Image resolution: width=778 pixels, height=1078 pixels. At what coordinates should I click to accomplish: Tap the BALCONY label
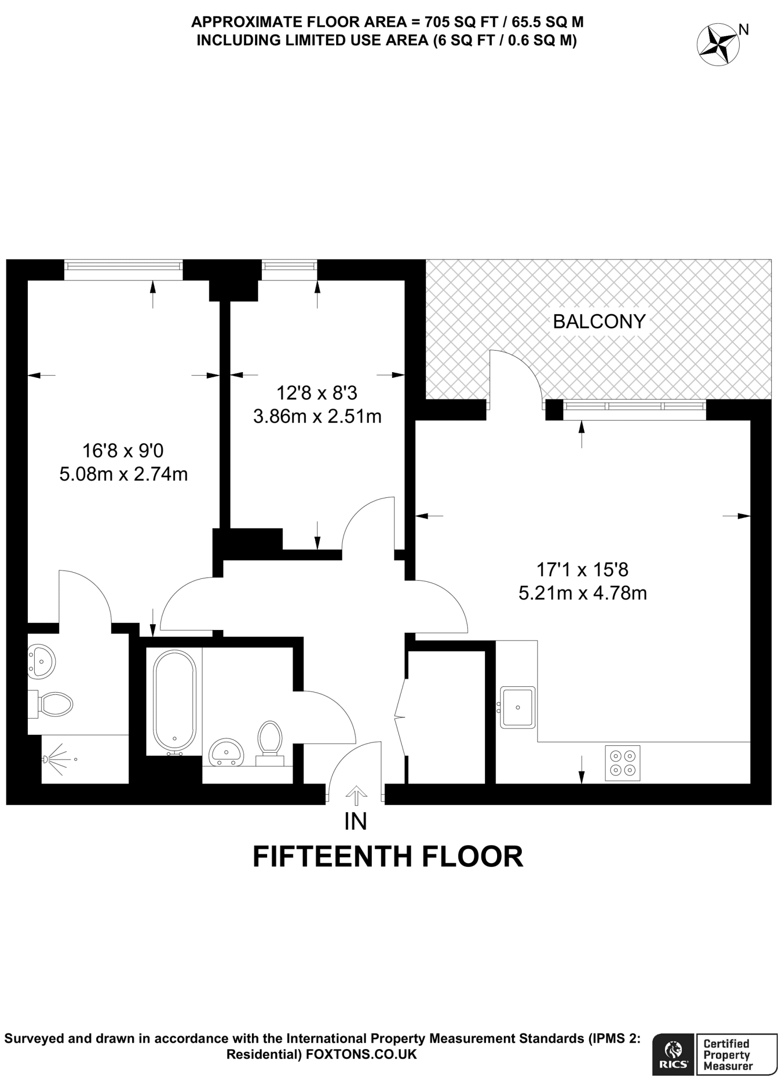click(x=599, y=322)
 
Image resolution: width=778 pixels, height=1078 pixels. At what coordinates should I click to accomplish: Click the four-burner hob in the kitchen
click(x=622, y=763)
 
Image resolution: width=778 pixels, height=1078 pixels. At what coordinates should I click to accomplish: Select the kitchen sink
click(x=518, y=707)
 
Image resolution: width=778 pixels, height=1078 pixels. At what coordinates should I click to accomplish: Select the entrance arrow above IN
click(x=356, y=795)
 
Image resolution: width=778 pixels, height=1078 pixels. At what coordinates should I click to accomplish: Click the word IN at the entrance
click(x=355, y=822)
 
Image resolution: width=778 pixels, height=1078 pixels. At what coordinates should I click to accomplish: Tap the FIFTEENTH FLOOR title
click(x=388, y=857)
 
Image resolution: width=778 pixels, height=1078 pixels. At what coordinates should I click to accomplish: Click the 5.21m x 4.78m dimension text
click(x=582, y=593)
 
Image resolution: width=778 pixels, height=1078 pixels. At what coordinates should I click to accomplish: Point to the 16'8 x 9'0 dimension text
click(x=123, y=451)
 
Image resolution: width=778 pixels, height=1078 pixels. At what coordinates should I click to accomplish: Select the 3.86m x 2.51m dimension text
click(x=317, y=416)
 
